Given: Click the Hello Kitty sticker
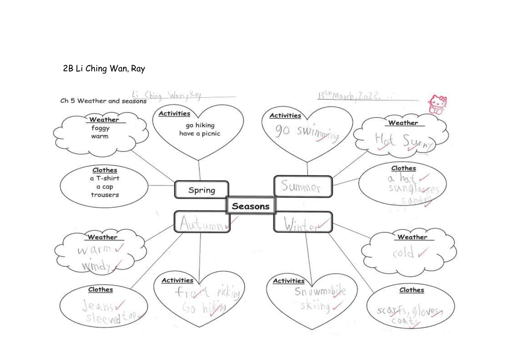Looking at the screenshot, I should (x=438, y=105).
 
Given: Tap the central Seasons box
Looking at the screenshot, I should (x=251, y=206).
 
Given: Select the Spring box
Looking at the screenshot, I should (x=202, y=190).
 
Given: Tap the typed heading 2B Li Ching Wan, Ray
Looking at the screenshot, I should (x=104, y=68).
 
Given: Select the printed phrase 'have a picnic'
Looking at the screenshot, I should (x=199, y=133).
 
